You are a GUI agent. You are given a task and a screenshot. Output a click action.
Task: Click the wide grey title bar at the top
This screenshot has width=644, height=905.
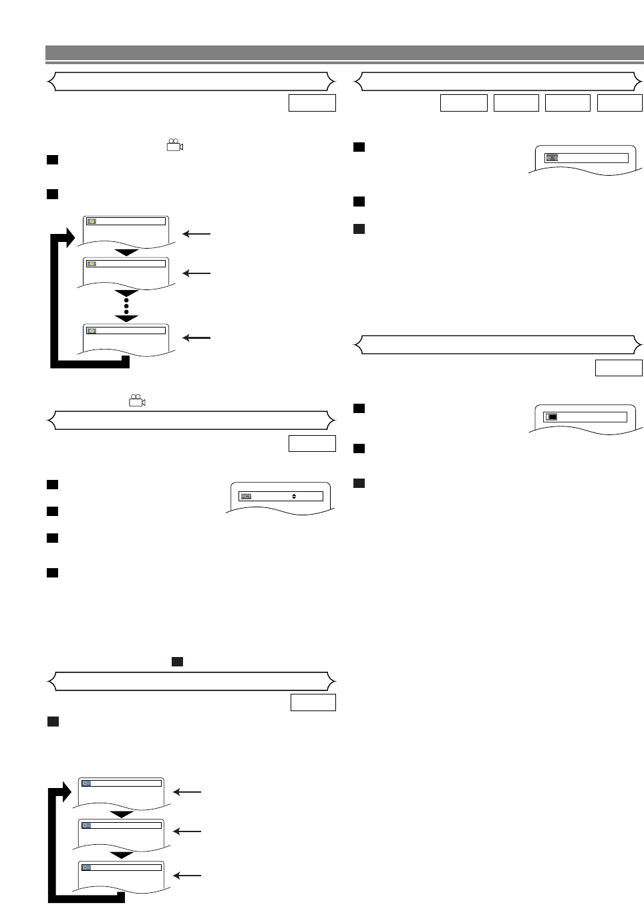pos(344,53)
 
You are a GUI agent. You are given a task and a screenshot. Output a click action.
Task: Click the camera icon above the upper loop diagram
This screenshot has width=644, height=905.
pos(175,145)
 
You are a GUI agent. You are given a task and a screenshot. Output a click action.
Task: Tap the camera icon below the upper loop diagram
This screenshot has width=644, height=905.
pos(137,400)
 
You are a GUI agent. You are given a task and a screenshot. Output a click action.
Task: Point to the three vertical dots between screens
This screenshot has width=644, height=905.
pos(126,307)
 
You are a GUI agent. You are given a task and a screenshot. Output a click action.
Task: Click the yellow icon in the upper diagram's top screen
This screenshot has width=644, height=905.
pos(92,221)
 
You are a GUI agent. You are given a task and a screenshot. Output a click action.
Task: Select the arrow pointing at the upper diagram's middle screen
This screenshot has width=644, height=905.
pos(196,273)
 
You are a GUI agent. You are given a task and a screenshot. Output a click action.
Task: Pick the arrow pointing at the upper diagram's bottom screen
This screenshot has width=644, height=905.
pos(196,338)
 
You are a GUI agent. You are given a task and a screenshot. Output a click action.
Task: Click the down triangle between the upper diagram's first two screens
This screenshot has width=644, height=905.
pos(126,253)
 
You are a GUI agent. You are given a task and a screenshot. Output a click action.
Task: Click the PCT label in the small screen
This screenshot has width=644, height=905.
pos(246,497)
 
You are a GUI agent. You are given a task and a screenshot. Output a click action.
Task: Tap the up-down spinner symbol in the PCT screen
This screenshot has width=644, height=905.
pos(294,497)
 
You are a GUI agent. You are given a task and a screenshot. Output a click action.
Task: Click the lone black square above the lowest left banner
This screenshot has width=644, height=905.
pos(177,661)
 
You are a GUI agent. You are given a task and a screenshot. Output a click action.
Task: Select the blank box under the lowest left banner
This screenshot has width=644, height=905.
pos(313,702)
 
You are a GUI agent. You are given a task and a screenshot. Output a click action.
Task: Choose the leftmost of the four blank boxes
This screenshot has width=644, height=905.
pos(464,103)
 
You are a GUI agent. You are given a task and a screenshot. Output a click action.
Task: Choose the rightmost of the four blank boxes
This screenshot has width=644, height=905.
pos(619,103)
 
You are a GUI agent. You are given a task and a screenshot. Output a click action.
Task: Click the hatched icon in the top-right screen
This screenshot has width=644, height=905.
pos(552,158)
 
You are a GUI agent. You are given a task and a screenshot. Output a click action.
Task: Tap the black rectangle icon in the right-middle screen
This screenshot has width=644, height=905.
pos(552,417)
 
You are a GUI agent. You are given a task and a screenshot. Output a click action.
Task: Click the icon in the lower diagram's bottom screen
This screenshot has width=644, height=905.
pos(86,868)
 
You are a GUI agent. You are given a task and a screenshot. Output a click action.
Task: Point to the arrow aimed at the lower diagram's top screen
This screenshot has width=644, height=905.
pos(187,792)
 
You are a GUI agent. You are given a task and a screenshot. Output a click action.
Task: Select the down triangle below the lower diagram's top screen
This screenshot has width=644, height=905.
pos(121,815)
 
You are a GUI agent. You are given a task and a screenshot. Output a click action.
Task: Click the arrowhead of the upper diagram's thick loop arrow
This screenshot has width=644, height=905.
pos(68,237)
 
